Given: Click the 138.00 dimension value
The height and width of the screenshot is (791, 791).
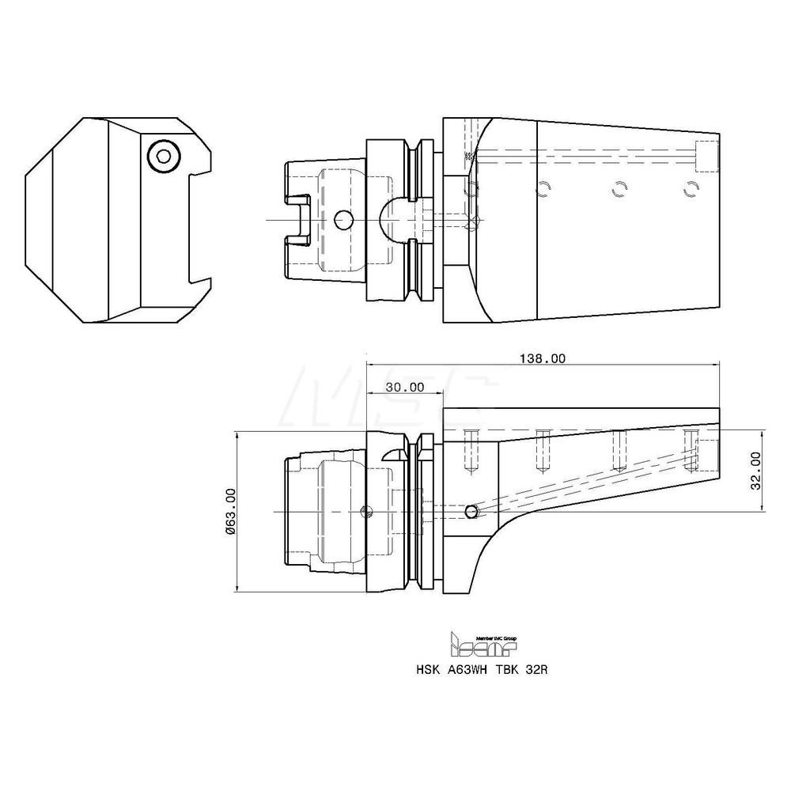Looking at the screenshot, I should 542,358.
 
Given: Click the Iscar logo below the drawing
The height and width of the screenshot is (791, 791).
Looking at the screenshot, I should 482,646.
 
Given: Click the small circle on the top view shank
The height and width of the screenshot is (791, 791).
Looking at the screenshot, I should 343,220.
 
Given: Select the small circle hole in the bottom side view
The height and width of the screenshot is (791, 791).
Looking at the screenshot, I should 471,512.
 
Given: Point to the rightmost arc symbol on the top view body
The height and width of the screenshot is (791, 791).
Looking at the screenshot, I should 692,188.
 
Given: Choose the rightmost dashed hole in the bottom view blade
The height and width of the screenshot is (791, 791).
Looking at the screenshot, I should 693,451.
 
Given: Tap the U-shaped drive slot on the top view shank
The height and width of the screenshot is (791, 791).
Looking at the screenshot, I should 297,220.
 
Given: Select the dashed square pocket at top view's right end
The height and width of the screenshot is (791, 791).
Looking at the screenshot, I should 706,155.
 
